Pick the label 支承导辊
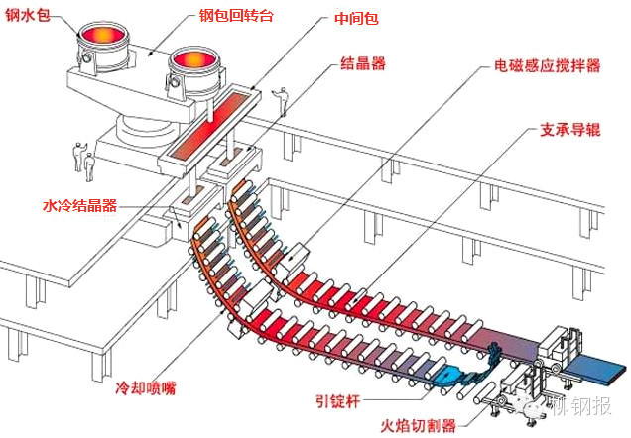pyautogui.click(x=568, y=131)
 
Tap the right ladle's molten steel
pyautogui.click(x=197, y=63)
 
